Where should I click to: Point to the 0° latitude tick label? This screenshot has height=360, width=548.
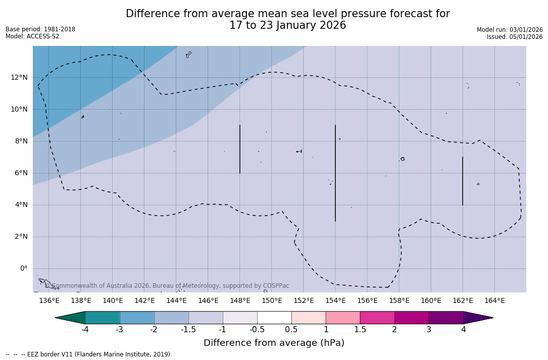(x=23, y=269)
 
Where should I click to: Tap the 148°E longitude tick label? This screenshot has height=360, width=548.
(x=240, y=301)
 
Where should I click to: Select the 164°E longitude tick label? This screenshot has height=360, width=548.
(x=494, y=301)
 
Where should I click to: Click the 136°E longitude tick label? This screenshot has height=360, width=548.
(x=49, y=301)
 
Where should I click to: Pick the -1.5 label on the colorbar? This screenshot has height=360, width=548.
(x=188, y=330)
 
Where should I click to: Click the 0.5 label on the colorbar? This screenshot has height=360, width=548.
(x=291, y=330)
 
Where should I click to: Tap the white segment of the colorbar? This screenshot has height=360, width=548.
(x=274, y=318)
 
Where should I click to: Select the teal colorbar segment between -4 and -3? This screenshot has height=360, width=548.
(x=103, y=318)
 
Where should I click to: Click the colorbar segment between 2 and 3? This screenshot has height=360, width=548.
(x=412, y=318)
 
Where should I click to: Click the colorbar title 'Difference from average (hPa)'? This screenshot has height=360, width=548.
(x=274, y=343)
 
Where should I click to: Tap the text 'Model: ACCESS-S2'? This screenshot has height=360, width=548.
(x=32, y=36)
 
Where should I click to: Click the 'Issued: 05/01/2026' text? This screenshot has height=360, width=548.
(x=514, y=37)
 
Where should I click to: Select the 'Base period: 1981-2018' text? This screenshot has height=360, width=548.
(x=40, y=29)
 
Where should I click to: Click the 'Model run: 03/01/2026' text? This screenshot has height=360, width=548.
(x=510, y=30)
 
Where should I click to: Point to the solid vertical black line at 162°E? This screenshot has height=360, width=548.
(x=462, y=181)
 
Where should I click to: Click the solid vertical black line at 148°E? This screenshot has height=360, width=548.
(x=240, y=149)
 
